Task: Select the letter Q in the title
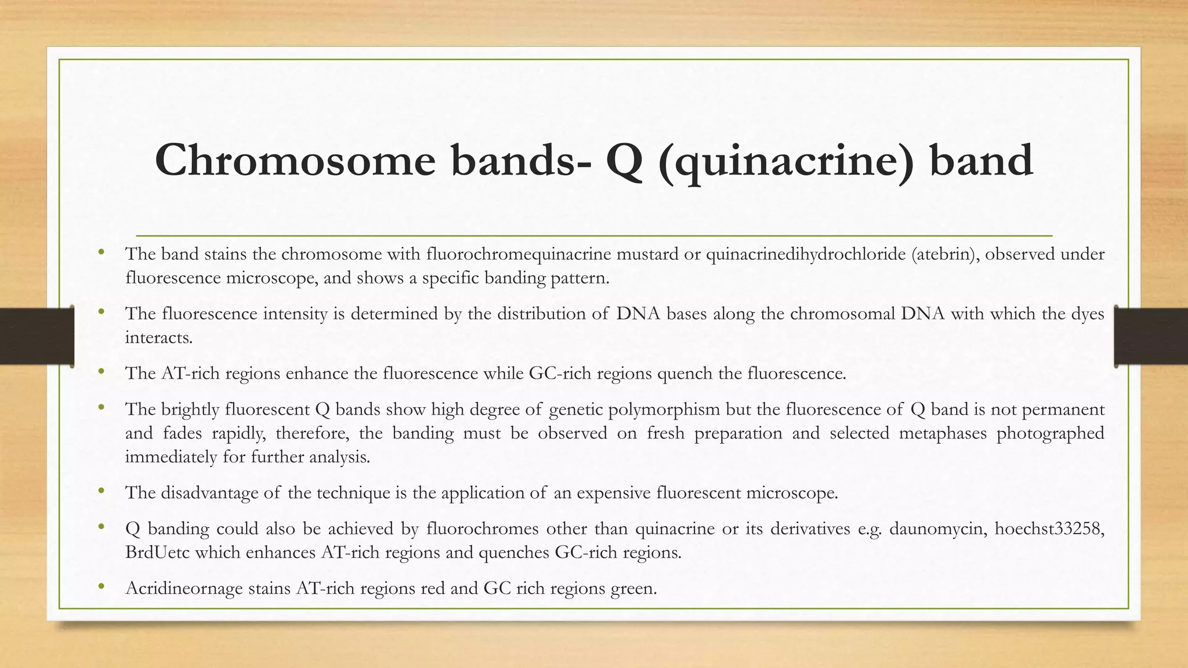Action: tap(624, 161)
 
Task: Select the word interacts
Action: tap(158, 337)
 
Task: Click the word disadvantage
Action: tap(209, 493)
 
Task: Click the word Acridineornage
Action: tap(184, 589)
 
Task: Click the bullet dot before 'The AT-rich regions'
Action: tap(102, 371)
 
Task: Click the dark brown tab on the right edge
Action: tap(1151, 336)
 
